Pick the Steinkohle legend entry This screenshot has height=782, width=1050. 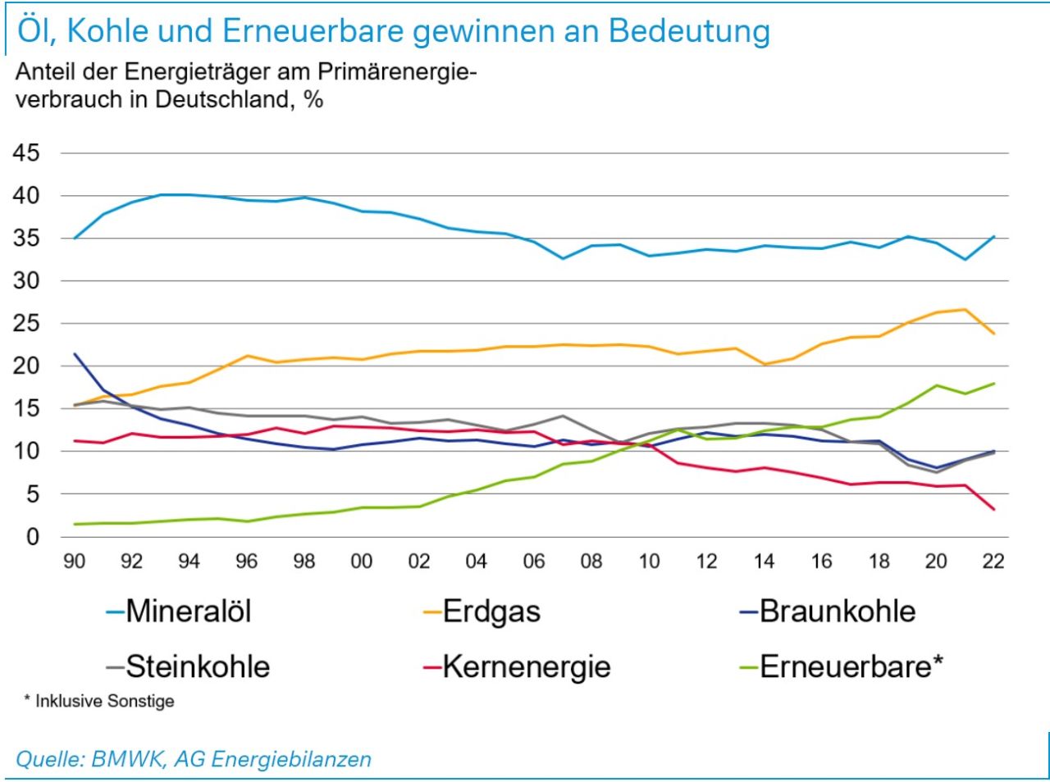click(197, 666)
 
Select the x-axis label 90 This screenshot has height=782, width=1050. click(75, 561)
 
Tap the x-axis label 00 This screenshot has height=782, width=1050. click(362, 561)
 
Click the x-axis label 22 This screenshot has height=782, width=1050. click(993, 561)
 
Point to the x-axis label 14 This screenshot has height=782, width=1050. click(764, 561)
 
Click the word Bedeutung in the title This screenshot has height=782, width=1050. click(689, 31)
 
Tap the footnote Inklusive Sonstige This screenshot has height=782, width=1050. click(104, 702)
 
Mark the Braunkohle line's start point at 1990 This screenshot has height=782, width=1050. click(75, 354)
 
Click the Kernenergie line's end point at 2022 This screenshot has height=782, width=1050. click(994, 509)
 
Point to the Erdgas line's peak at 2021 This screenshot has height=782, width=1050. click(965, 309)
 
